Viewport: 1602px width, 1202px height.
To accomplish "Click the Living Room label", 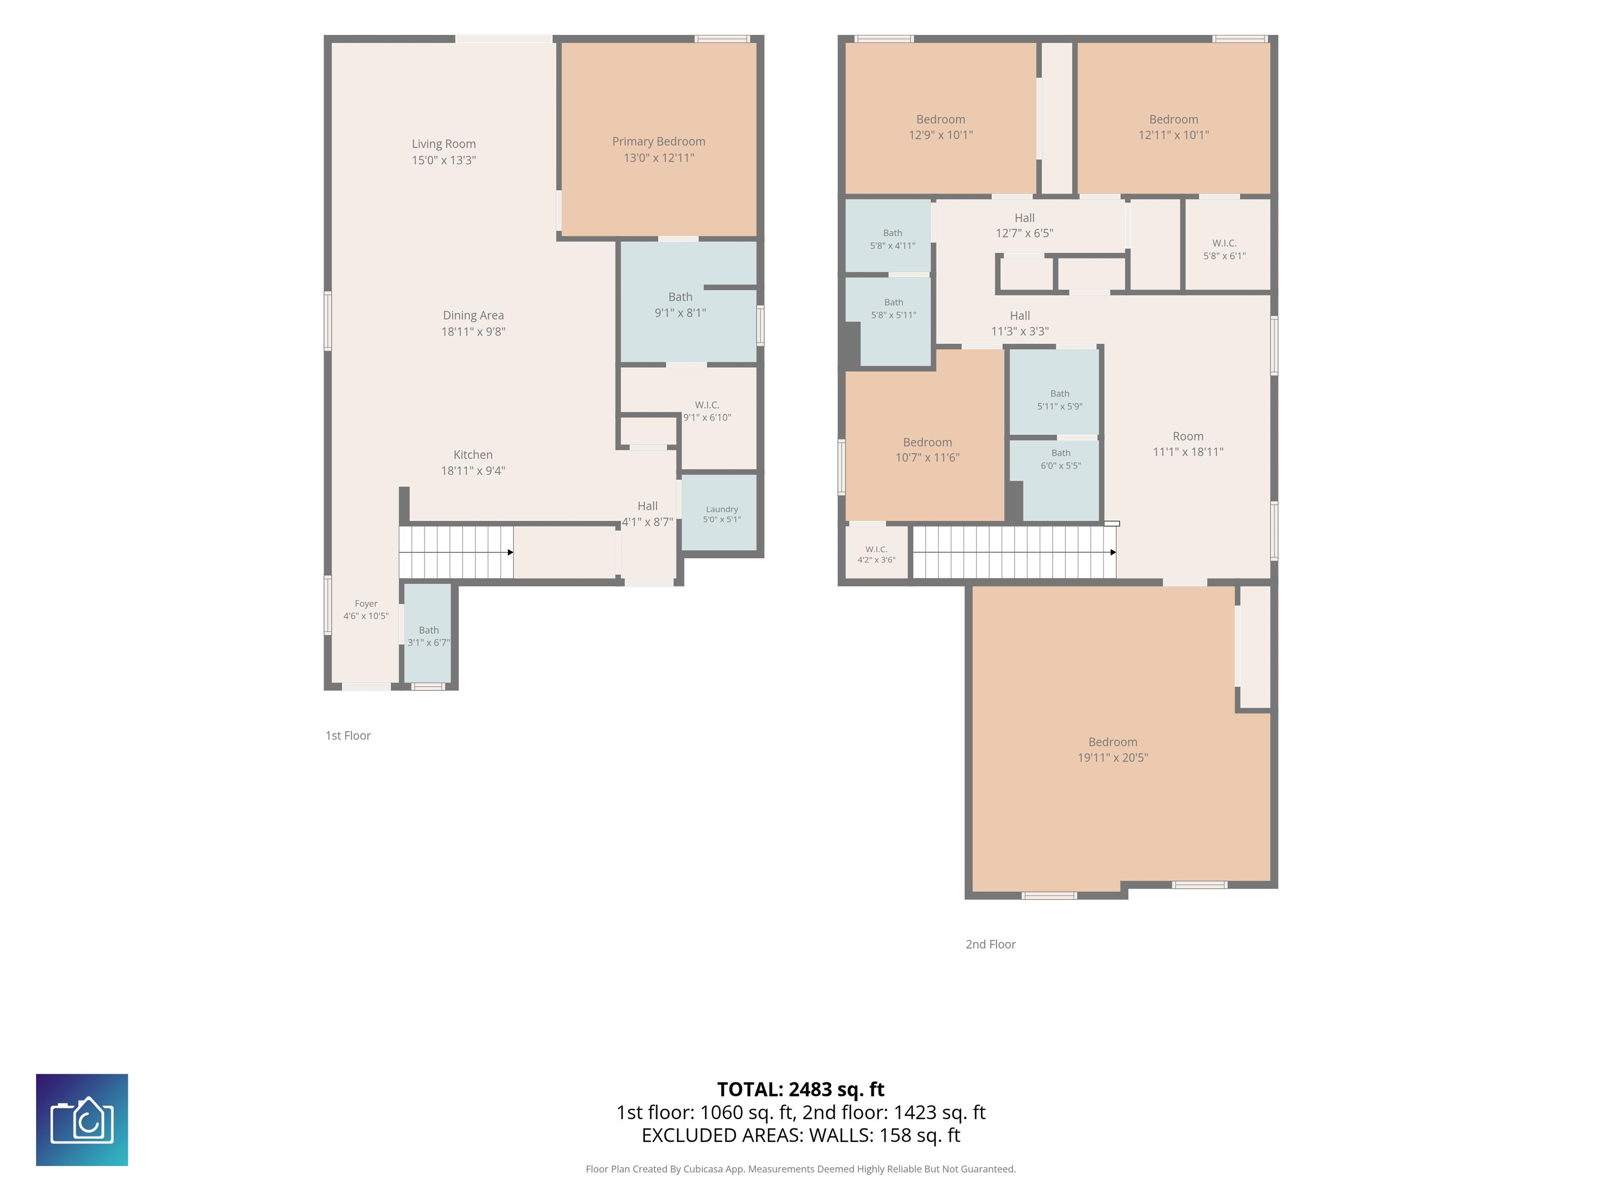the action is click(443, 144).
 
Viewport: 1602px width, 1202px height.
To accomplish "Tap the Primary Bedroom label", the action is click(658, 142).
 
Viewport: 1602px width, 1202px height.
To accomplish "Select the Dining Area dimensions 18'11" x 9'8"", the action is click(473, 332).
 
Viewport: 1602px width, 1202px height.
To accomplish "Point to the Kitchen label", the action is click(473, 455).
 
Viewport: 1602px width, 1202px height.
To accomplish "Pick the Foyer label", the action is click(366, 604).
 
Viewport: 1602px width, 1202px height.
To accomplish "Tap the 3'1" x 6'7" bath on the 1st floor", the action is click(428, 633).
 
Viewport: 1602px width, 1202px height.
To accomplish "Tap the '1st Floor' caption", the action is click(348, 736).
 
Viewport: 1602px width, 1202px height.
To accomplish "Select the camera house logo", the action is click(82, 1120).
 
